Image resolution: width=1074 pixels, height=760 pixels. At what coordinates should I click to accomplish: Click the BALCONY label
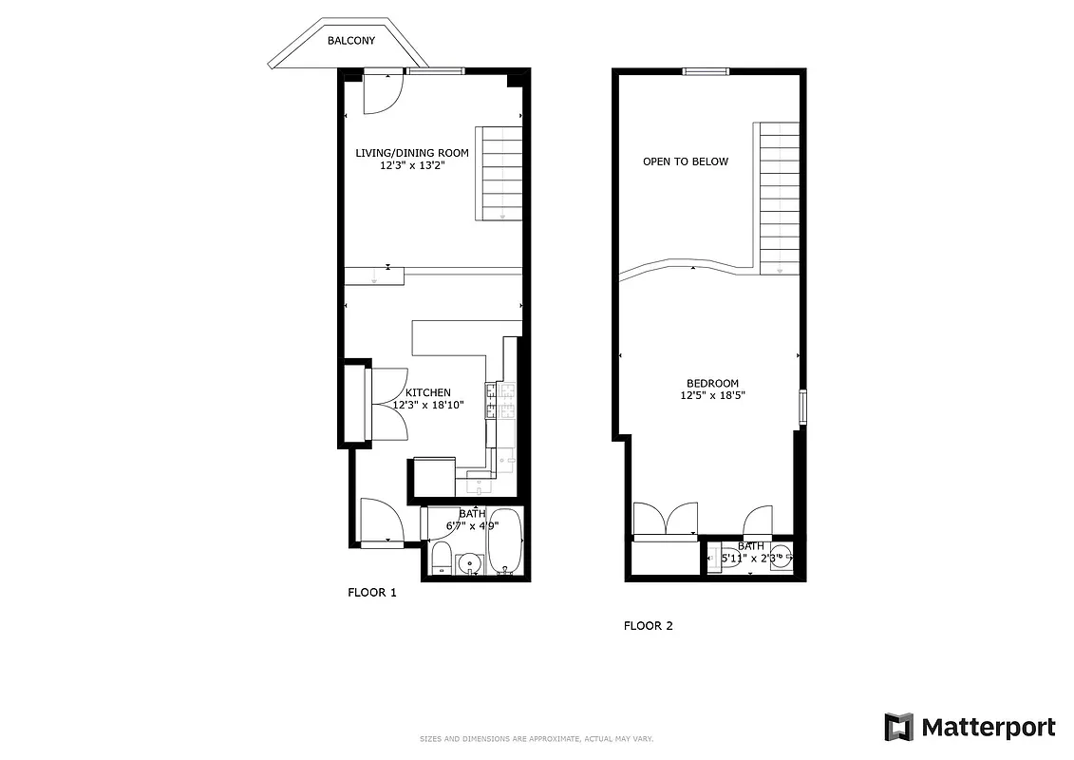[x=351, y=41]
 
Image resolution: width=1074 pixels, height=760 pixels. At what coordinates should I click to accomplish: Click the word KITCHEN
[x=428, y=392]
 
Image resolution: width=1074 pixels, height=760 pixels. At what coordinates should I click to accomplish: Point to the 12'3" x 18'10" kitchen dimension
[x=428, y=405]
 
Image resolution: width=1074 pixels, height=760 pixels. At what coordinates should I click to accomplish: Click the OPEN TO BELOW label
[x=686, y=161]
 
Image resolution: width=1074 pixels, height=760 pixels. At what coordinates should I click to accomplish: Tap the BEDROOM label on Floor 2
[x=712, y=384]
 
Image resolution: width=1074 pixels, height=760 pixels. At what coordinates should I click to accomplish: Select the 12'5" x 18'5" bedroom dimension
[x=712, y=395]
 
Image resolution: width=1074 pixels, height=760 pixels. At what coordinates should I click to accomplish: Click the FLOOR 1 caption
[x=371, y=593]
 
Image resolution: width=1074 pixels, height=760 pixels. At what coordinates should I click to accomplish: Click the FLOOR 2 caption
[x=648, y=626]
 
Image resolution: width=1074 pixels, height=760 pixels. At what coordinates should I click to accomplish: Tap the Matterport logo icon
[x=898, y=728]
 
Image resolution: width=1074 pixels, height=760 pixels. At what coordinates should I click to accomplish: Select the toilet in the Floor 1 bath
[x=441, y=558]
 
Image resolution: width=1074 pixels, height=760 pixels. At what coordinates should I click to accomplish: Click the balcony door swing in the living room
[x=383, y=93]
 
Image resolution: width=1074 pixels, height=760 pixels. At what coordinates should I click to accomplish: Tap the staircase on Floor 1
[x=500, y=173]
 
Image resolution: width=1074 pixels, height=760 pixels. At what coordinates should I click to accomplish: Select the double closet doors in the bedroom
[x=668, y=521]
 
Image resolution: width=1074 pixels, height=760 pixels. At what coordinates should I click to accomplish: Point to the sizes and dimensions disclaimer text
[x=537, y=739]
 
